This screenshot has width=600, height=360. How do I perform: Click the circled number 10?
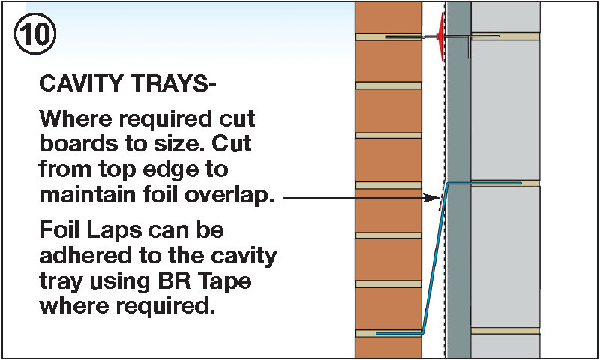[33, 33]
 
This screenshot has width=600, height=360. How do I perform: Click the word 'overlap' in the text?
[233, 197]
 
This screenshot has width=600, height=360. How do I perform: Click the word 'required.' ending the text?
[169, 306]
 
